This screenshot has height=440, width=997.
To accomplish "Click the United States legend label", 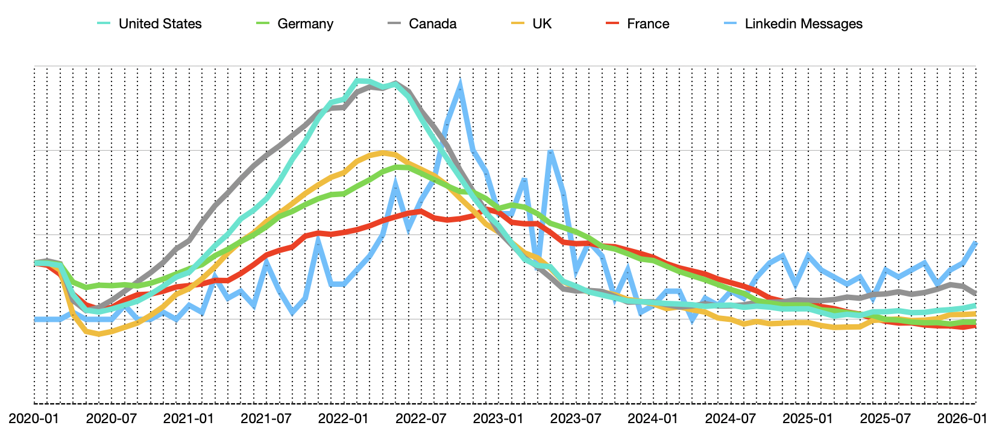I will click(x=160, y=24).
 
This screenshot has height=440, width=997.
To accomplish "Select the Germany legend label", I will click(x=305, y=24).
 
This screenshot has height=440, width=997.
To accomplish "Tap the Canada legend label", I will click(x=432, y=24).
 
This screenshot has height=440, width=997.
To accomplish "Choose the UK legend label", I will click(x=542, y=24).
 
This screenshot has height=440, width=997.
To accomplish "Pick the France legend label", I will click(x=648, y=24).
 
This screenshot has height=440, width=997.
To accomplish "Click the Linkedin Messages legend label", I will click(x=804, y=24).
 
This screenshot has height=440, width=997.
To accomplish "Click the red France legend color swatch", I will click(x=612, y=24).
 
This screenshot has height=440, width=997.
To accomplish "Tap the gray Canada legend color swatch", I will click(x=395, y=24).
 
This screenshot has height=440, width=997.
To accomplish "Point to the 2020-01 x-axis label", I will click(x=34, y=418).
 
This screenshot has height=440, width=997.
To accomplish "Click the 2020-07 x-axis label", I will click(x=112, y=418).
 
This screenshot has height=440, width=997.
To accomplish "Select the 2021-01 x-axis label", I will click(x=189, y=418).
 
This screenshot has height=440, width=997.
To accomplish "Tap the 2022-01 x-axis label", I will click(x=344, y=418).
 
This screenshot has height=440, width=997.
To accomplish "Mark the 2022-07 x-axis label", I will click(x=421, y=418).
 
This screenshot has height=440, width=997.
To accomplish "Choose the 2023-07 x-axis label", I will click(x=576, y=418).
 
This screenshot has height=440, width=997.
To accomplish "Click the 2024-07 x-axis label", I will click(x=731, y=418).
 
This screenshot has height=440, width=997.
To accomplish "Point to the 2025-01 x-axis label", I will click(x=808, y=418).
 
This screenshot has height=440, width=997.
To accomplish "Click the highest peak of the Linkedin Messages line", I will click(x=460, y=84).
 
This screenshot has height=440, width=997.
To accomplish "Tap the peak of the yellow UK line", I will click(x=382, y=152).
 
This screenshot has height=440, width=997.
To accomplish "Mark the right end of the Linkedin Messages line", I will click(x=975, y=242).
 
